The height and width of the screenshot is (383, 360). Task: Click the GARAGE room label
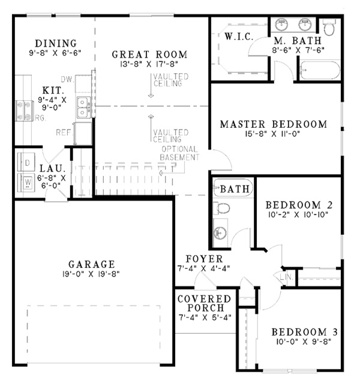91,264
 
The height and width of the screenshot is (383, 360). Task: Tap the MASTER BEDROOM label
274,125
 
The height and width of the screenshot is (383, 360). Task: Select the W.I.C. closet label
238,37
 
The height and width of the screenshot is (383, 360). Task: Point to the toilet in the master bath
329,27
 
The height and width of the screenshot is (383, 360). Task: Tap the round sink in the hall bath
220,234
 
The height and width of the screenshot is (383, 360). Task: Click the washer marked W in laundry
27,181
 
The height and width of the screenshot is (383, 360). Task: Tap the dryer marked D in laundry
27,163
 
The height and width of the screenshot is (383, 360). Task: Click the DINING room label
55,43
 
